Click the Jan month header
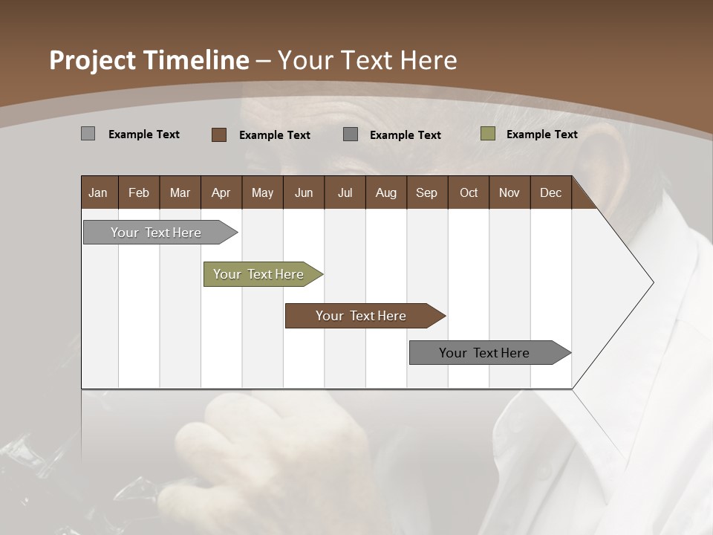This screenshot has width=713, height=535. pyautogui.click(x=98, y=192)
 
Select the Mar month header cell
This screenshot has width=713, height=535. pyautogui.click(x=180, y=192)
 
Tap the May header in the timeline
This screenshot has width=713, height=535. pyautogui.click(x=262, y=192)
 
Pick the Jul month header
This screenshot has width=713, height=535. pyautogui.click(x=345, y=192)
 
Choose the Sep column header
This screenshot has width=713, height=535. pyautogui.click(x=426, y=192)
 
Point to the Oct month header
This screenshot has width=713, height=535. pyautogui.click(x=469, y=192)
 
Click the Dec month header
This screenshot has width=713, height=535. pyautogui.click(x=550, y=192)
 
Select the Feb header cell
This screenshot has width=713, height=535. pyautogui.click(x=139, y=192)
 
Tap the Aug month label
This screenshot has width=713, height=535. pyautogui.click(x=385, y=192)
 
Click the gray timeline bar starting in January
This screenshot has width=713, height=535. pyautogui.click(x=157, y=233)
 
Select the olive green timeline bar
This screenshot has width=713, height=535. pyautogui.click(x=259, y=274)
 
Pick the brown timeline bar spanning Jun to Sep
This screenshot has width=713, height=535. pyautogui.click(x=362, y=316)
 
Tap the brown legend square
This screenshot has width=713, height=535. pyautogui.click(x=218, y=134)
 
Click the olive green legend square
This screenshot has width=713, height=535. pyautogui.click(x=487, y=134)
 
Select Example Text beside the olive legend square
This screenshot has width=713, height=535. pyautogui.click(x=541, y=134)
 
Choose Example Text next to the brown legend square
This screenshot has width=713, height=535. pyautogui.click(x=274, y=134)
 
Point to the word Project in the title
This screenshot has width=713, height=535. pyautogui.click(x=91, y=60)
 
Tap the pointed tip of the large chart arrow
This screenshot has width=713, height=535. pyautogui.click(x=652, y=282)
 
